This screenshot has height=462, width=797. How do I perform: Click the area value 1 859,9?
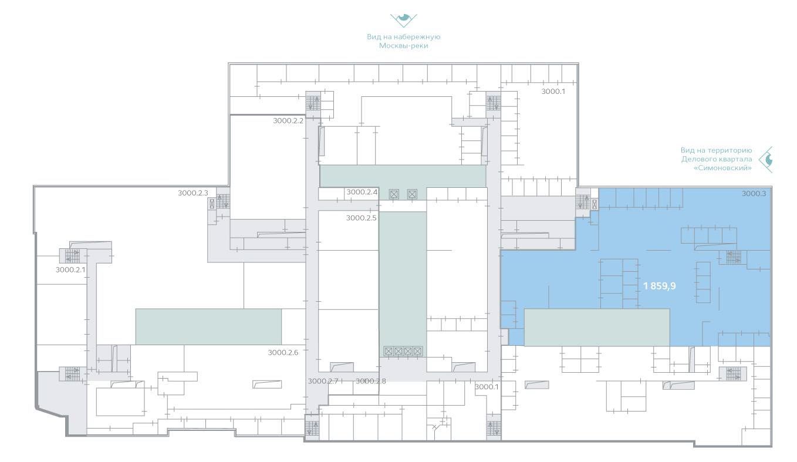659,286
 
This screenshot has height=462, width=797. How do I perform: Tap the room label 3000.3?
754,194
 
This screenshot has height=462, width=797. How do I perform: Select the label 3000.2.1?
70,270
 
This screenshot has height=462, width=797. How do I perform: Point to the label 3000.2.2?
288,121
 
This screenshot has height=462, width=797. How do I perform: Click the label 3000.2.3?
193,193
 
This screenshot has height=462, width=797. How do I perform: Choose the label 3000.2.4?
362,192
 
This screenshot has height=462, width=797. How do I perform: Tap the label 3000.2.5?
361,218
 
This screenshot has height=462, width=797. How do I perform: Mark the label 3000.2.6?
283,352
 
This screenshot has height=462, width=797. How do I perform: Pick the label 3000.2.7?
323,381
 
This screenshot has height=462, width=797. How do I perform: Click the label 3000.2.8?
371,381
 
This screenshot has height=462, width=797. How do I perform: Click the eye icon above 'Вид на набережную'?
403,21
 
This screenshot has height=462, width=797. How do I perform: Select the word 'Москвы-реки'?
403,46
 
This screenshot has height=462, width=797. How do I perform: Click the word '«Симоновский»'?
722,168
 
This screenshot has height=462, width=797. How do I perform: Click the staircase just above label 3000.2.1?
73,255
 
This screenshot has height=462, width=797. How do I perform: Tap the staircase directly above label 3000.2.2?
313,103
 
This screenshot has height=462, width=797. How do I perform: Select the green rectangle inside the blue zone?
597,328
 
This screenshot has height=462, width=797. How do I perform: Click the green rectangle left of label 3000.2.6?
208,327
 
